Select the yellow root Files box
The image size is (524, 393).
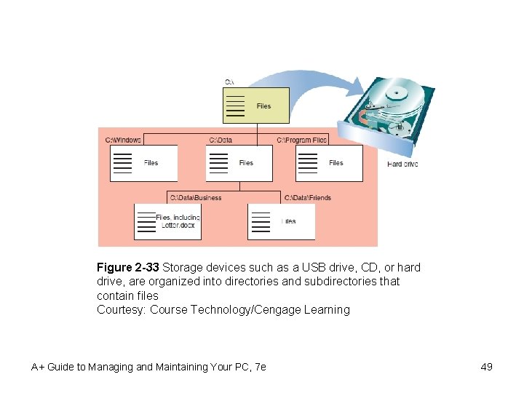[x=255, y=106]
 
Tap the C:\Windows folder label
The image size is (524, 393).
[x=123, y=140]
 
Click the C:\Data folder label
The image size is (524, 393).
[x=221, y=140]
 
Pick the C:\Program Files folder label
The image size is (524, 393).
[x=302, y=140]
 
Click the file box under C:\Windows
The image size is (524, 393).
[x=143, y=163]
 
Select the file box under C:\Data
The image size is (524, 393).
[x=239, y=163]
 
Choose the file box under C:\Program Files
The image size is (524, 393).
[x=328, y=163]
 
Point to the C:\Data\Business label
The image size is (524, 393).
[x=196, y=197]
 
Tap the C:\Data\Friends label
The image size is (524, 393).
[x=307, y=197]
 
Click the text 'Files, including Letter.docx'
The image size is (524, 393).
[x=178, y=221]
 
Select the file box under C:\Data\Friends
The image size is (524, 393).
[x=282, y=221]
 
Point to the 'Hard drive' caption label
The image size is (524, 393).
[x=402, y=164]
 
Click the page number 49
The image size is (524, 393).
[x=486, y=367]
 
